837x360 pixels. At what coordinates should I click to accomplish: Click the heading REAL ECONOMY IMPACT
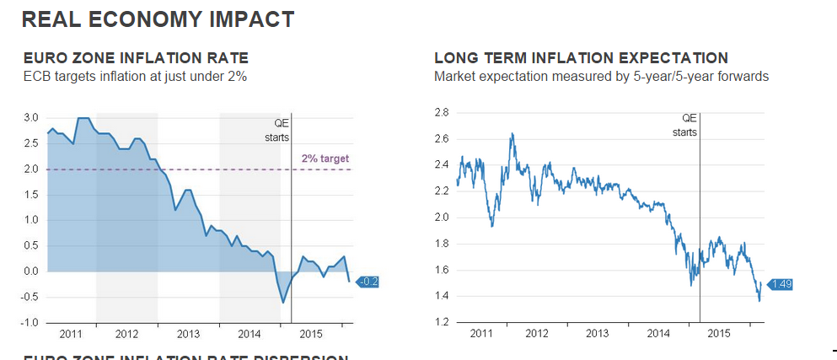click(158, 19)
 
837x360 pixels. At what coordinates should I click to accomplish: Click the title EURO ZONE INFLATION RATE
click(136, 58)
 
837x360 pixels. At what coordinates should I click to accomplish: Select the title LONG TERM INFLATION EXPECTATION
click(581, 58)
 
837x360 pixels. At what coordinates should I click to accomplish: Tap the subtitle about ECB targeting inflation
click(135, 77)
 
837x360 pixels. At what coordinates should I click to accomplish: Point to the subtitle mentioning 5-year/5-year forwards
click(600, 77)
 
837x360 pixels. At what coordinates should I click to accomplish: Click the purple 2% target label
click(325, 159)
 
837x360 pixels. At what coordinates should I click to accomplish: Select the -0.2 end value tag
click(369, 282)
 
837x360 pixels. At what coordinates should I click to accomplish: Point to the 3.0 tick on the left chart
click(30, 117)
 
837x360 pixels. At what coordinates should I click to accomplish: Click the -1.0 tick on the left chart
click(29, 323)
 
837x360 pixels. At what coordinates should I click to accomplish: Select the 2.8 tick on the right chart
click(440, 112)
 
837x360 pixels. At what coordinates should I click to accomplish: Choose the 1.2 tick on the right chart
click(440, 323)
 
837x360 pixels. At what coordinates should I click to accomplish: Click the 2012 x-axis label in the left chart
click(126, 334)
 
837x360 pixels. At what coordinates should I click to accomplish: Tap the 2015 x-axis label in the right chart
click(718, 333)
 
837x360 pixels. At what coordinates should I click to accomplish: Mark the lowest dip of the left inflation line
click(283, 302)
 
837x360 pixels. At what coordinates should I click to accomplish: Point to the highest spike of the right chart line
click(512, 133)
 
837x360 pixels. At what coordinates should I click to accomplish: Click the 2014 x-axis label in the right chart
click(658, 333)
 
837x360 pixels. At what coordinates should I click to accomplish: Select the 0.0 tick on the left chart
click(30, 271)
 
